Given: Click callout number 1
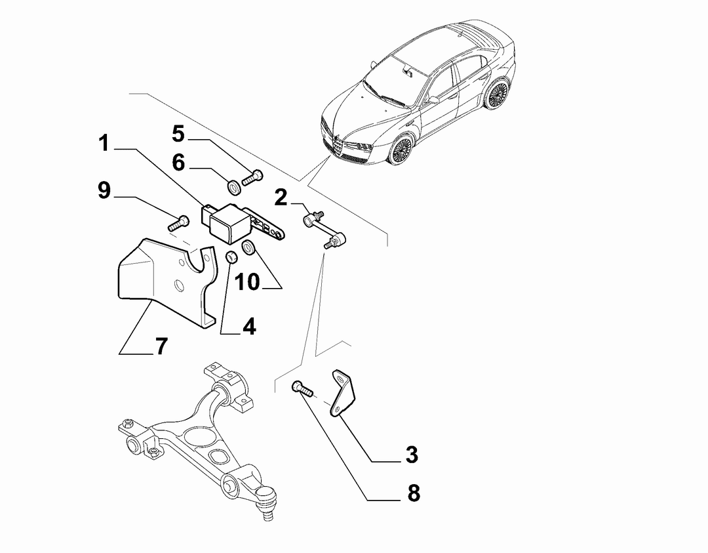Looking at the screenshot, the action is (x=104, y=143).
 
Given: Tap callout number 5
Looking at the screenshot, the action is (x=178, y=134).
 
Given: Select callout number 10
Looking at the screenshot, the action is (x=247, y=282).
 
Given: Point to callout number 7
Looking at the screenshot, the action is (x=161, y=346).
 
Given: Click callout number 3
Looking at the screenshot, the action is (x=412, y=455).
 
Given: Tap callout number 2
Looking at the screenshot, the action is (x=281, y=197).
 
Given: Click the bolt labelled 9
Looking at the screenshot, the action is (x=179, y=223).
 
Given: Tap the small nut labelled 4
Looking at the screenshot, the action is (x=231, y=257).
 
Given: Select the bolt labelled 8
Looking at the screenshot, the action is (x=302, y=389).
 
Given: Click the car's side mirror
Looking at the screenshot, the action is (x=433, y=100).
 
